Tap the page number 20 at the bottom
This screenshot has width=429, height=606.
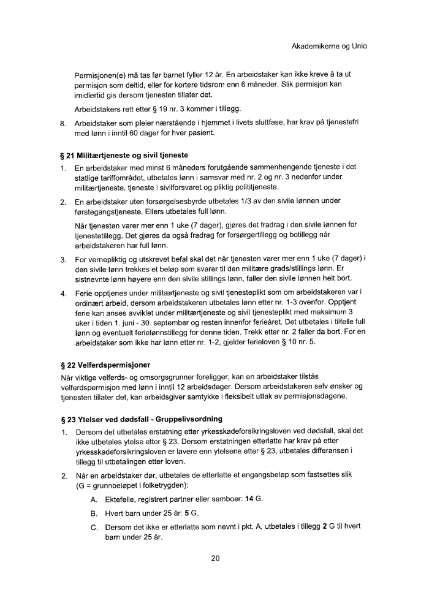[x=214, y=558]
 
